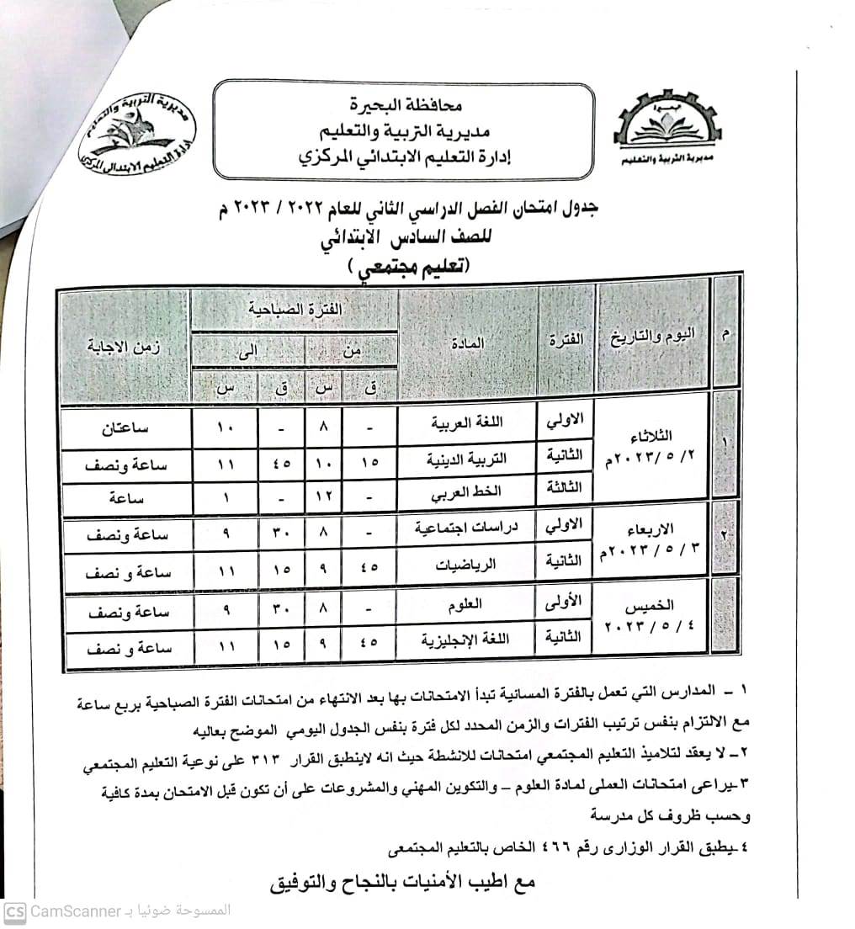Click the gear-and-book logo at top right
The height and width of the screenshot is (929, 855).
[x=667, y=129]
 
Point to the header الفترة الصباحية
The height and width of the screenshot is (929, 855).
[x=294, y=310]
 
